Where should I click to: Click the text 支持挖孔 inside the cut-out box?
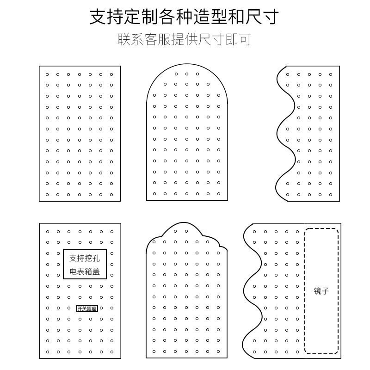(85, 258)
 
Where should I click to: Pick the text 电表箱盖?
(85, 272)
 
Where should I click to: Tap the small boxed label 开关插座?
(87, 308)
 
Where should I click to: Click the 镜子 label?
(321, 291)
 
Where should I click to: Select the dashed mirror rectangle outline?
(305, 291)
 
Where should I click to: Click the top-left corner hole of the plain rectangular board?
(47, 74)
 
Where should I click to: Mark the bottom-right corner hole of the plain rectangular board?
(111, 194)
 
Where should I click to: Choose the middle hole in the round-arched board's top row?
(186, 74)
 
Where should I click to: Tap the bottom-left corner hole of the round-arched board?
(154, 194)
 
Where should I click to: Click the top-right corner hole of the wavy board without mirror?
(331, 74)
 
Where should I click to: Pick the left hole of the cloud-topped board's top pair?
(176, 231)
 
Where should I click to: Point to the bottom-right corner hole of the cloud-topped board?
(219, 351)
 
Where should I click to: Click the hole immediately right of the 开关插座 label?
(101, 308)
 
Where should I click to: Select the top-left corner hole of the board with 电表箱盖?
(47, 231)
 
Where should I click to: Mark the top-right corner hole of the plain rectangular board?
(111, 74)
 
